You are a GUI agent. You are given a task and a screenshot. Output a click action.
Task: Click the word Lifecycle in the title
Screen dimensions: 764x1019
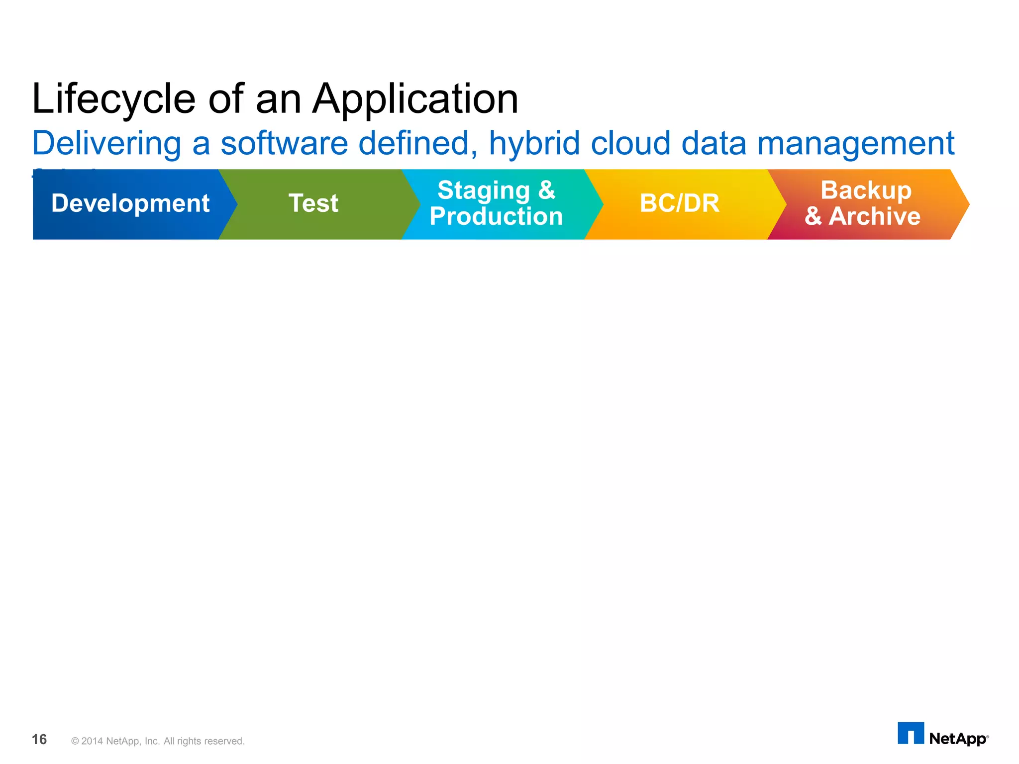(x=113, y=99)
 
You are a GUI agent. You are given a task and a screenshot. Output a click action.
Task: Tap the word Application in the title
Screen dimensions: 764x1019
(x=415, y=99)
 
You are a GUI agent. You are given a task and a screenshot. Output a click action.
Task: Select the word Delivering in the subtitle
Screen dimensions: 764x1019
(x=106, y=144)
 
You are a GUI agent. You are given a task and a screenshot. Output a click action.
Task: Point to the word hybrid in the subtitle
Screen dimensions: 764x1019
(x=534, y=144)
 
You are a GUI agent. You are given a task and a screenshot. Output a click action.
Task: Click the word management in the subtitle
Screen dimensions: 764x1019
(x=855, y=144)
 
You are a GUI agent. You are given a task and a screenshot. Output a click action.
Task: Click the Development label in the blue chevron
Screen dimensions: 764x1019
(x=130, y=203)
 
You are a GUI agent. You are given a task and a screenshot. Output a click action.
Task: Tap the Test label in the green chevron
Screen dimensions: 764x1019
(x=313, y=203)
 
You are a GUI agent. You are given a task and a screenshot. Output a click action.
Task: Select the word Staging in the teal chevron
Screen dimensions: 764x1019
(x=483, y=191)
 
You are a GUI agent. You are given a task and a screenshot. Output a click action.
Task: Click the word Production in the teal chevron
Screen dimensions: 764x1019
(x=496, y=217)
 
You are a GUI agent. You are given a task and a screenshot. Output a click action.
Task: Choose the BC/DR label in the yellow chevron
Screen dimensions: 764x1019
(x=680, y=203)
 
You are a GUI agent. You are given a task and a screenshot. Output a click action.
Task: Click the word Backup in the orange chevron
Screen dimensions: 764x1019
(x=866, y=191)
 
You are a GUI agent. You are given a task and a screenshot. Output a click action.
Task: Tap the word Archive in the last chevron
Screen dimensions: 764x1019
(x=874, y=217)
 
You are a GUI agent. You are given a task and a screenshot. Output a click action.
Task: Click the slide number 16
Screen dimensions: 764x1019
(x=39, y=740)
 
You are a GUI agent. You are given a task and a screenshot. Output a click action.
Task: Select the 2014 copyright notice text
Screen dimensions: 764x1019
(x=158, y=741)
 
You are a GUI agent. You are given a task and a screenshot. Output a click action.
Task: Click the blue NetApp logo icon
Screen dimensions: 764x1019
(x=911, y=733)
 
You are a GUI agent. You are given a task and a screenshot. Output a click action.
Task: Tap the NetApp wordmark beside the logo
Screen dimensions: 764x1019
(x=958, y=739)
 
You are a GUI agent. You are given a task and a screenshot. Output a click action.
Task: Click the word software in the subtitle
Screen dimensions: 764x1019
(x=284, y=144)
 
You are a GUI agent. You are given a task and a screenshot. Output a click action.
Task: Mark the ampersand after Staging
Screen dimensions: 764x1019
(x=546, y=191)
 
